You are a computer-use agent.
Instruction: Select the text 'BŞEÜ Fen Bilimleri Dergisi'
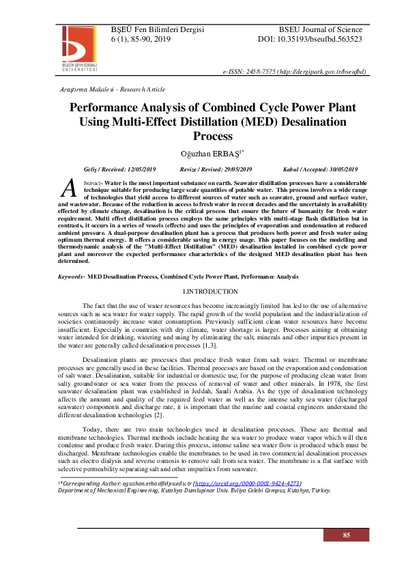coord(158,29)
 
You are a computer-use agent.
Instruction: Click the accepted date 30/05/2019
coord(324,169)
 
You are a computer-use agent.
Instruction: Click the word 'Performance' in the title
coord(111,108)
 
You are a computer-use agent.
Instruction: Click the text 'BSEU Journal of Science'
coord(320,29)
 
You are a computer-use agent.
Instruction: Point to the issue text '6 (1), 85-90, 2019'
coord(141,40)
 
